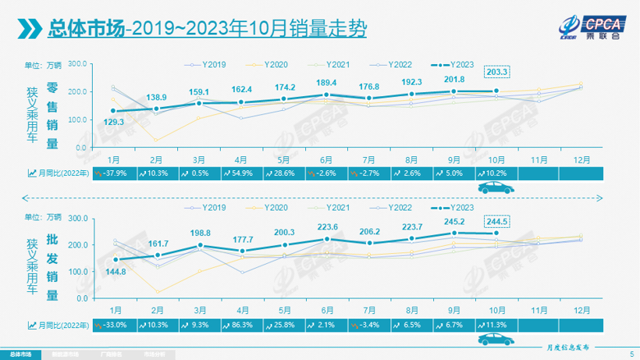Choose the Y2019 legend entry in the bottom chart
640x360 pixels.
point(208,209)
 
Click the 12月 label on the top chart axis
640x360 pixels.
point(580,159)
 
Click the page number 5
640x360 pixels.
point(631,354)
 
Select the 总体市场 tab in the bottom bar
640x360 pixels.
point(21,354)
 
